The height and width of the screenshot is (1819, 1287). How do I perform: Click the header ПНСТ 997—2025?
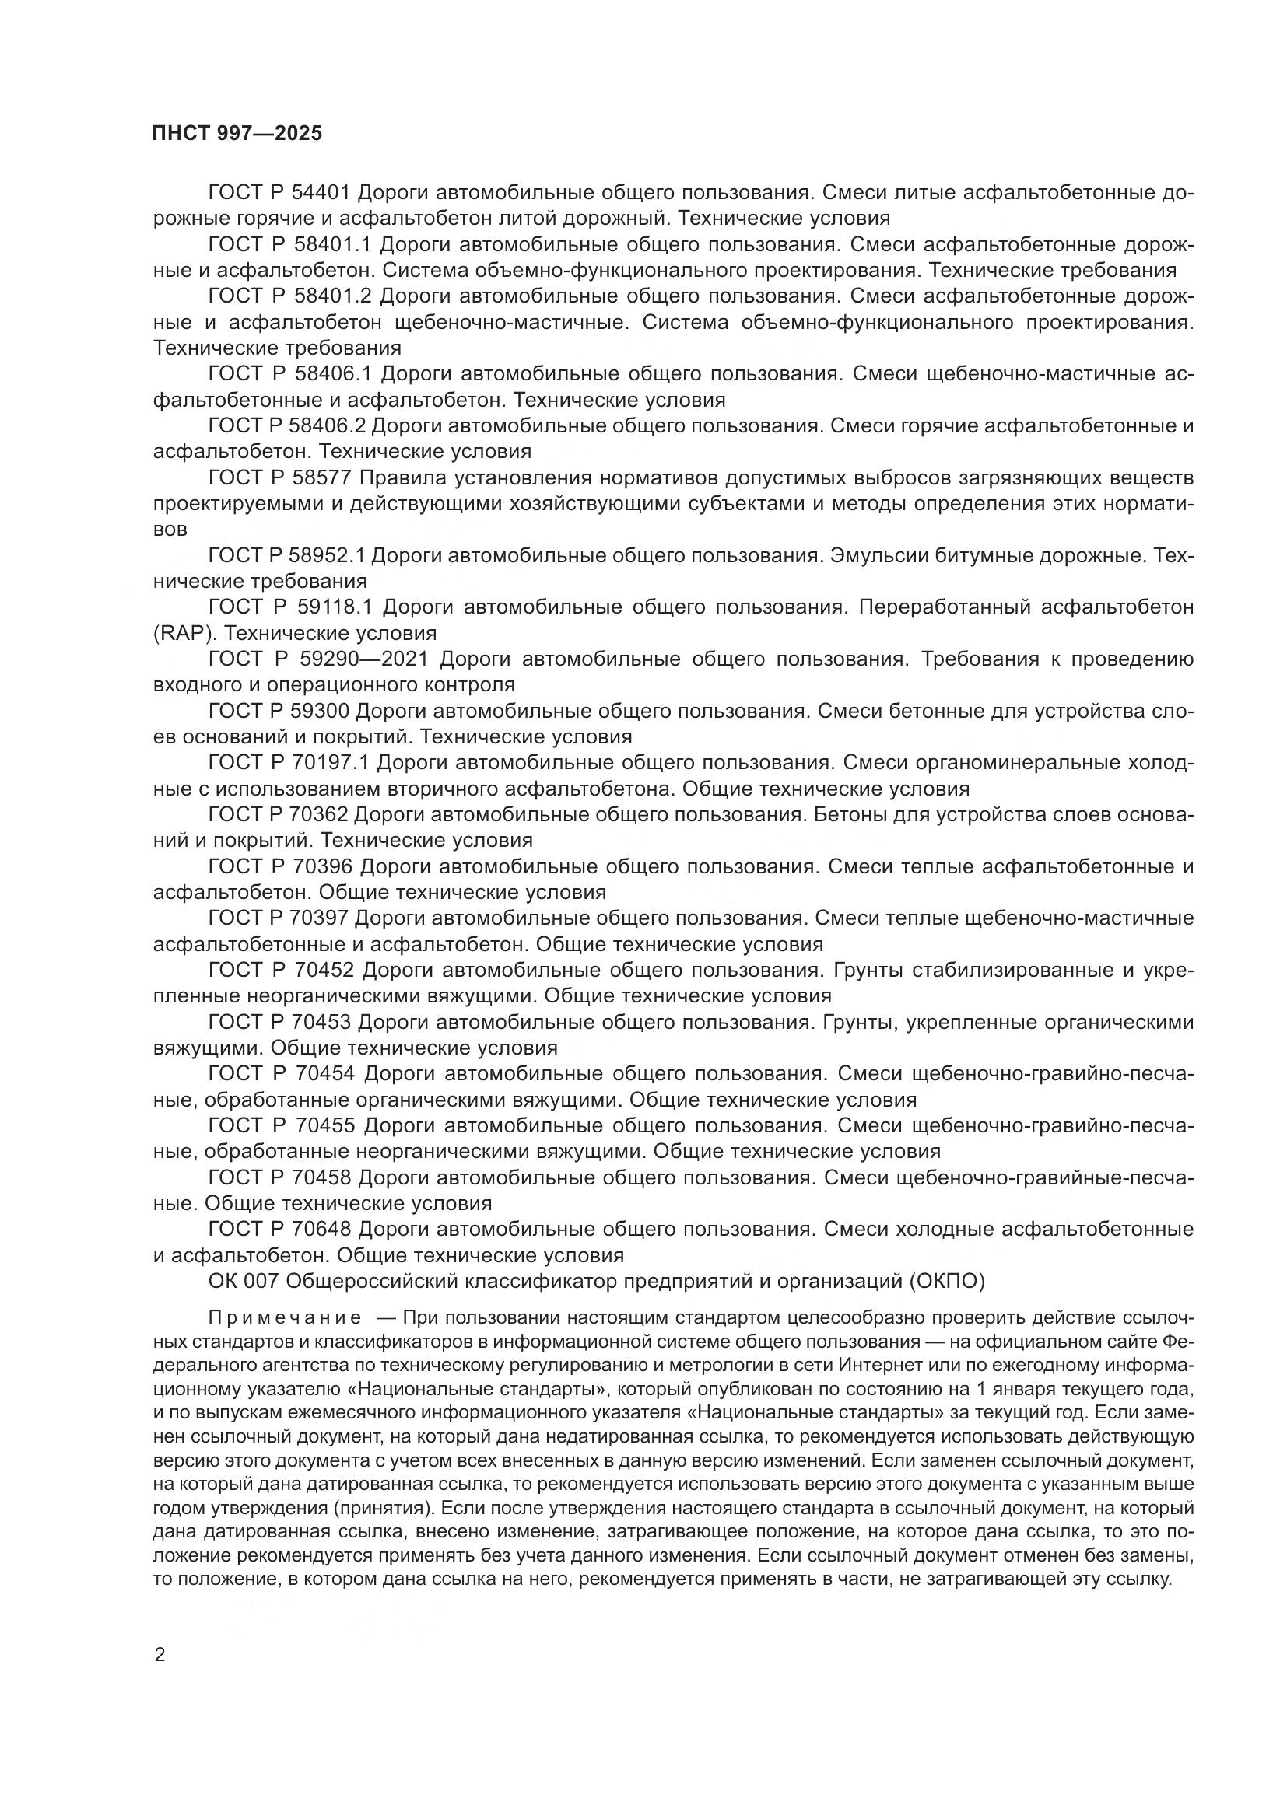click(237, 133)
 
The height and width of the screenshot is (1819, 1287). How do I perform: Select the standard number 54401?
click(322, 192)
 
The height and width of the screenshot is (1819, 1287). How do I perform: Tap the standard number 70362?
click(320, 813)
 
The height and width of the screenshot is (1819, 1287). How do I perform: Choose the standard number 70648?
click(320, 1229)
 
